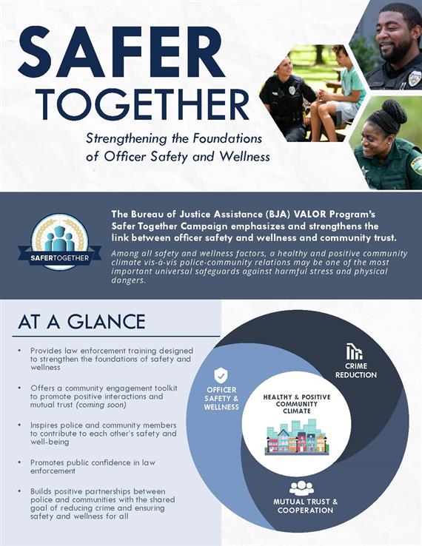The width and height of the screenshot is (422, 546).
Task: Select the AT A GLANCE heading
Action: click(81, 322)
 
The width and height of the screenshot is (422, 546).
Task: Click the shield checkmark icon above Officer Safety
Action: click(221, 375)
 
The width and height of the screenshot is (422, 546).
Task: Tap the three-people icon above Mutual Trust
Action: click(301, 488)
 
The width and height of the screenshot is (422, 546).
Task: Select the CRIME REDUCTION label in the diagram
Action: click(355, 371)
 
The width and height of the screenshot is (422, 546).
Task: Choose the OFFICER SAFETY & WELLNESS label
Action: click(221, 398)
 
